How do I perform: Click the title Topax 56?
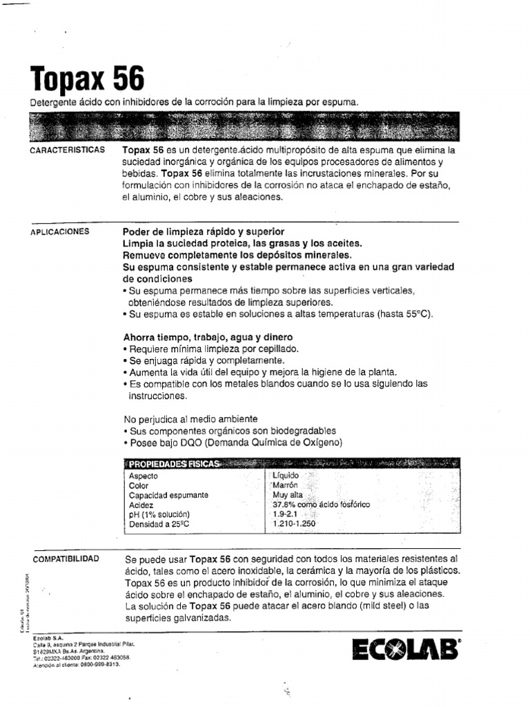(87, 79)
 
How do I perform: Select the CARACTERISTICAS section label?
(68, 150)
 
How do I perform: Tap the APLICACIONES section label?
(60, 232)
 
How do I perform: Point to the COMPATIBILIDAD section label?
(66, 558)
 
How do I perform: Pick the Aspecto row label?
(144, 476)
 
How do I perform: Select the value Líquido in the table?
(286, 476)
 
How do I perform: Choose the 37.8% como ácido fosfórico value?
(321, 505)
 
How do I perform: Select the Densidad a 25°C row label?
(159, 525)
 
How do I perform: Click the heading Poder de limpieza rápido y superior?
(203, 231)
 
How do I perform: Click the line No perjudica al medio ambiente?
(190, 419)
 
